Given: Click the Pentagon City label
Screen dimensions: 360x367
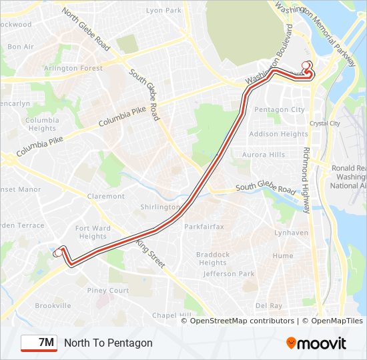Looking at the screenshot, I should tap(280, 110).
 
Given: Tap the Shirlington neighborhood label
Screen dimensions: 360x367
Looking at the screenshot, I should tap(160, 207).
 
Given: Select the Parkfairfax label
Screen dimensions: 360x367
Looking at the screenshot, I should tap(204, 227).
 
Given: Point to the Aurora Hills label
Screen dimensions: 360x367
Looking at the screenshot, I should tap(264, 155).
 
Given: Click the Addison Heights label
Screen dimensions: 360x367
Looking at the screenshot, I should tap(278, 134).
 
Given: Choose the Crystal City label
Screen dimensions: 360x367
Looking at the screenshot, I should tap(325, 123).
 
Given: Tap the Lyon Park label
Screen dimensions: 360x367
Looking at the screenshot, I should tap(163, 11).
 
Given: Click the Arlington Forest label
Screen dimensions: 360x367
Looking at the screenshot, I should tap(73, 68).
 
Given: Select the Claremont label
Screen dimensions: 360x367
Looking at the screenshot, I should tap(105, 196).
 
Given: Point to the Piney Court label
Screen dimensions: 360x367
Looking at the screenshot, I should tap(107, 291).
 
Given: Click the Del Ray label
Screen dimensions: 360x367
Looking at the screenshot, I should tap(269, 305).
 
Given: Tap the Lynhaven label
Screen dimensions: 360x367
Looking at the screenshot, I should tap(292, 233).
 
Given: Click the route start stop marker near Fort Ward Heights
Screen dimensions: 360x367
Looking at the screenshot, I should tap(58, 252).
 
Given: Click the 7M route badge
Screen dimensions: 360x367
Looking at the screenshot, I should tap(39, 343).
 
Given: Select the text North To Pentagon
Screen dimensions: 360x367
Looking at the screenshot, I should tap(108, 343).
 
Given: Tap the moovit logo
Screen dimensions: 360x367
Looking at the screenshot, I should tap(316, 343).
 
